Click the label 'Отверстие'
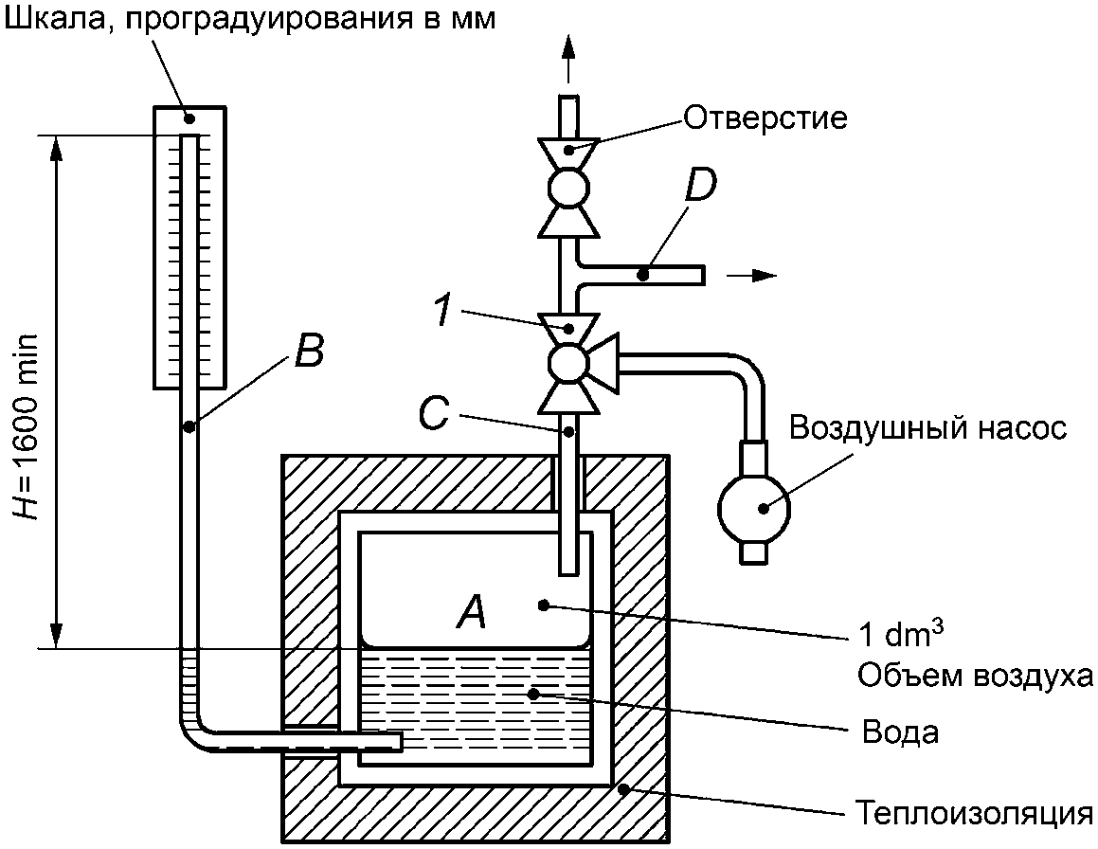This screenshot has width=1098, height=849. (x=765, y=117)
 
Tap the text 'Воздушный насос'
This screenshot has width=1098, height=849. (x=927, y=427)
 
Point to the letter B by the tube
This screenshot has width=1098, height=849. (x=309, y=351)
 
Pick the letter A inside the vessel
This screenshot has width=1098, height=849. (x=471, y=611)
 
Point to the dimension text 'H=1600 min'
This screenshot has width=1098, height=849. (x=27, y=426)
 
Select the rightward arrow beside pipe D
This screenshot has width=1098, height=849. (x=752, y=276)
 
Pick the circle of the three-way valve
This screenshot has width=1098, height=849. (x=568, y=363)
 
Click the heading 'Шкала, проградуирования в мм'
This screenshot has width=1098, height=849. (x=250, y=19)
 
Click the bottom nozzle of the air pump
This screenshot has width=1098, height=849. (x=754, y=551)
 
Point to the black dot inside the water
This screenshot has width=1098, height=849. (x=533, y=695)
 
